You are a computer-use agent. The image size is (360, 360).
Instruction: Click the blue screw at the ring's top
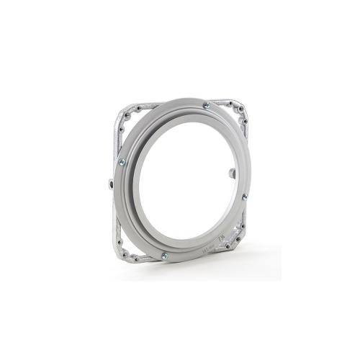coord(207,105)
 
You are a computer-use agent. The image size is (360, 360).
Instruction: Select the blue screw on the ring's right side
coord(245,197)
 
